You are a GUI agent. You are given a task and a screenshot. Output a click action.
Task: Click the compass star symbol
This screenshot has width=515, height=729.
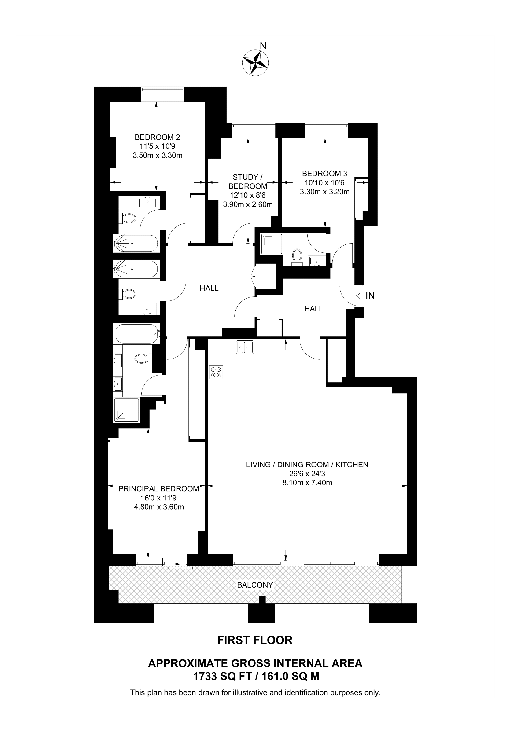(x=255, y=63)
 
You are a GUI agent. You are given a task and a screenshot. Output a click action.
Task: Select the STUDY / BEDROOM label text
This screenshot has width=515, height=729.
(x=248, y=182)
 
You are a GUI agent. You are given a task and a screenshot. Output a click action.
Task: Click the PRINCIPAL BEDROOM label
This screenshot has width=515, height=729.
(x=159, y=489)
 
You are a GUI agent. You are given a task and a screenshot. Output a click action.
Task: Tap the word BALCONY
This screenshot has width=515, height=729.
(x=255, y=585)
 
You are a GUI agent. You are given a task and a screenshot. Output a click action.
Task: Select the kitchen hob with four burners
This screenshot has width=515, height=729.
(x=216, y=372)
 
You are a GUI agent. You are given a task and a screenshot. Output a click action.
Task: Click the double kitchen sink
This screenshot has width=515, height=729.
(x=245, y=347)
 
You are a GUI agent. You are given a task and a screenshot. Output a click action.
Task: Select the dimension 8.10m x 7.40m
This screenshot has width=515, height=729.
(x=307, y=483)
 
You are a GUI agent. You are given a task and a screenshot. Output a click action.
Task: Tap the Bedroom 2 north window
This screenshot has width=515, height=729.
(x=162, y=94)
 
